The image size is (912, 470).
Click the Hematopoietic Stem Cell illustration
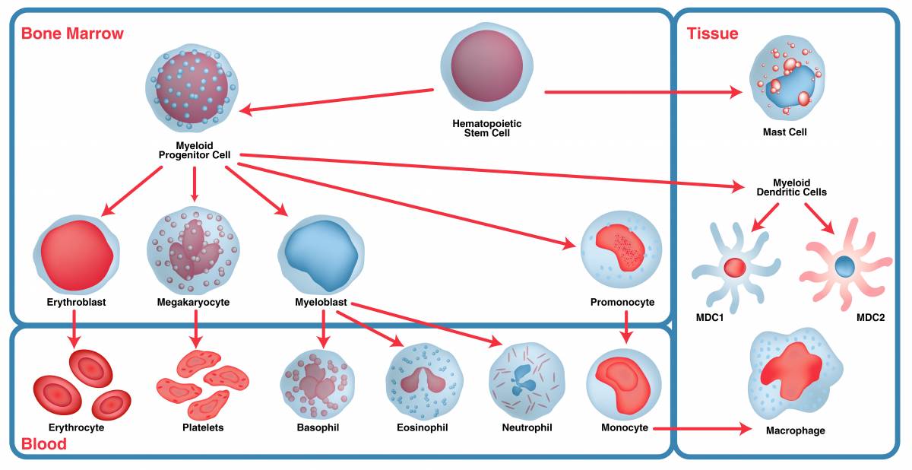point(486,67)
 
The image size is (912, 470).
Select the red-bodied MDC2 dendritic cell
point(844,266)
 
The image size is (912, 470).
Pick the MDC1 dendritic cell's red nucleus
point(734,268)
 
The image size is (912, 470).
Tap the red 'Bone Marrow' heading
point(72,33)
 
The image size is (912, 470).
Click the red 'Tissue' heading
point(712,33)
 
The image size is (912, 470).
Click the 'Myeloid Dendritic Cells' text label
point(791,187)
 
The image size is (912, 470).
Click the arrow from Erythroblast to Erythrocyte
point(74,330)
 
